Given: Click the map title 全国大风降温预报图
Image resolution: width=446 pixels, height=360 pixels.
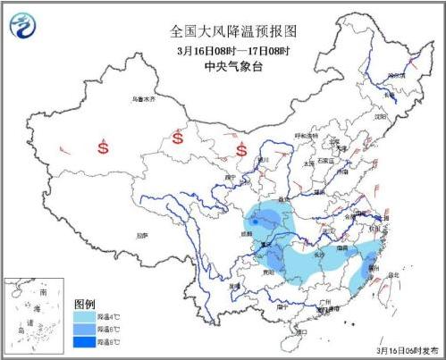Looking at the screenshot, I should [x=234, y=31].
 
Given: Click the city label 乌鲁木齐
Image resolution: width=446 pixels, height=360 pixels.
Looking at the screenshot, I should [x=142, y=99].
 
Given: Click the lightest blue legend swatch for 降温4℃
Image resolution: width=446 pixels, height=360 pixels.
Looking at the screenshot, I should [x=86, y=316].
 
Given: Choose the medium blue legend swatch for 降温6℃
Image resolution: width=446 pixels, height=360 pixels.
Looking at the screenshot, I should [x=86, y=329].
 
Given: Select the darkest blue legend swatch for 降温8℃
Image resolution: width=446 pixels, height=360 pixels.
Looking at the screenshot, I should [x=86, y=341].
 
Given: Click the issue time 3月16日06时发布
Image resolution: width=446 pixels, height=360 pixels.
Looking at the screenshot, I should [x=408, y=352].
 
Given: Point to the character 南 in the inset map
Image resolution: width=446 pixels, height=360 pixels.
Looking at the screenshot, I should [x=43, y=292].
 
